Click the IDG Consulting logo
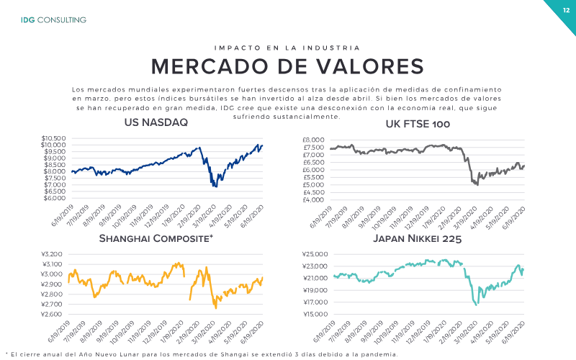[x=53, y=20]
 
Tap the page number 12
[x=566, y=10]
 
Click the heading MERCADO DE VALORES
[x=287, y=66]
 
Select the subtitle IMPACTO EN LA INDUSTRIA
[x=287, y=48]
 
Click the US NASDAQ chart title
[x=156, y=122]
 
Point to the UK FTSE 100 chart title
[x=418, y=124]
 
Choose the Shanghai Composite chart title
[x=156, y=238]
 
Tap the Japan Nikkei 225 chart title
[x=418, y=239]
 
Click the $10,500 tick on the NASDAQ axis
[x=53, y=138]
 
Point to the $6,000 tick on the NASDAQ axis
[x=55, y=198]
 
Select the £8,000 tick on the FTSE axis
[x=313, y=140]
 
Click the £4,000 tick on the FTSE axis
[x=313, y=200]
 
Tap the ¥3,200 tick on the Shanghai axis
[x=52, y=254]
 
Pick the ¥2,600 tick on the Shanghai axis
[x=52, y=314]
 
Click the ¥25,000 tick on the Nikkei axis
[x=315, y=254]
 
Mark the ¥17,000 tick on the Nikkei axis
[x=315, y=302]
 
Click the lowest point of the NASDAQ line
[x=215, y=186]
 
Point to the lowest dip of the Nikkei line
[x=477, y=305]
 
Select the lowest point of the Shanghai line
[x=215, y=308]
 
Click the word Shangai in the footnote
[x=235, y=354]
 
